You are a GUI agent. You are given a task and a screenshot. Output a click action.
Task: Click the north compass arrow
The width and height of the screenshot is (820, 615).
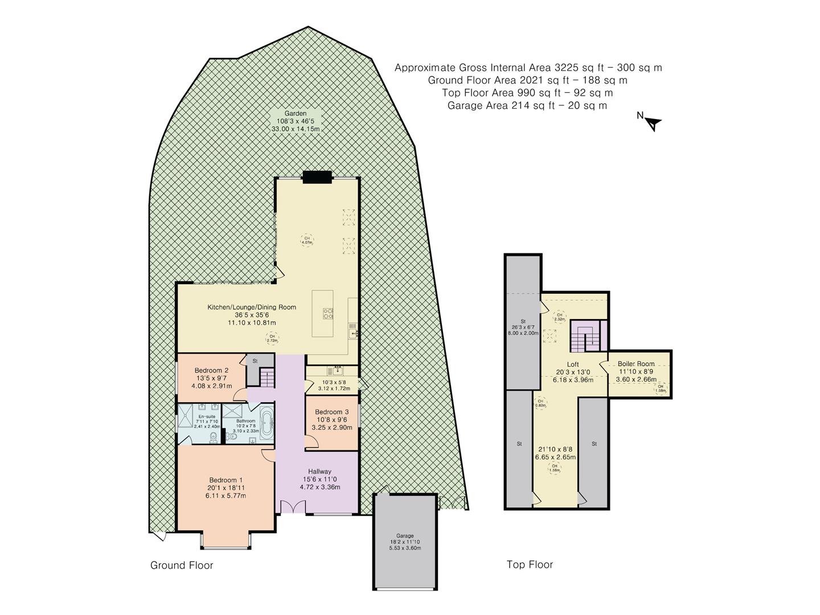653,122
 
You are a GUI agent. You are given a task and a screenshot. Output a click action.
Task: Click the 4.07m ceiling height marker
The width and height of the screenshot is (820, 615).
307,240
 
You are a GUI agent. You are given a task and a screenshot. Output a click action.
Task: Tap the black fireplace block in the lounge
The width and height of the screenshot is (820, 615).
317,178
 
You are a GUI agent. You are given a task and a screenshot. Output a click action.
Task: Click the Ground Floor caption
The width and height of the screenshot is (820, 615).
182,565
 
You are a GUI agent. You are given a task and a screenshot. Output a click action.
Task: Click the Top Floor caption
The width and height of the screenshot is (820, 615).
530,564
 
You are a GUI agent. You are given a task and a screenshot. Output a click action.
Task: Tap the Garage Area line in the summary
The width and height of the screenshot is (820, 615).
527,105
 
